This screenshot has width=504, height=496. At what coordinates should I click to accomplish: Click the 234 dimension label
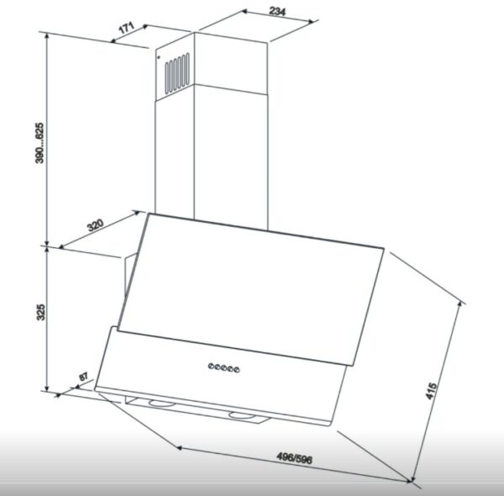277,12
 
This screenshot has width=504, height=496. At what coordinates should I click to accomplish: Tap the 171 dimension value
127,28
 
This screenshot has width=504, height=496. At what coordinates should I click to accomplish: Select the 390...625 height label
39,143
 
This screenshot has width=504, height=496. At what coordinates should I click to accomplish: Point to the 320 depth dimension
96,224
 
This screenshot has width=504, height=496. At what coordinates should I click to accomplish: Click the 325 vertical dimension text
41,312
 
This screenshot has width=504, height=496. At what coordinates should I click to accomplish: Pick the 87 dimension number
83,376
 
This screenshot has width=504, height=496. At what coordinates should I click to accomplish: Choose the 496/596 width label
294,458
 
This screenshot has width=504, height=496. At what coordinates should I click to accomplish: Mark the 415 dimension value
431,391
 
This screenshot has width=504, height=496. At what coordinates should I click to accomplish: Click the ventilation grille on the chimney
177,73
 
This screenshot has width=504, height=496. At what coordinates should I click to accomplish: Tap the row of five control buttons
223,367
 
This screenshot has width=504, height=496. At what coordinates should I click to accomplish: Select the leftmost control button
211,366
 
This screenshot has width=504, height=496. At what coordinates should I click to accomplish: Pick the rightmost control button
237,370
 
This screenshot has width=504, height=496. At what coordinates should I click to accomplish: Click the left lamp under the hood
161,403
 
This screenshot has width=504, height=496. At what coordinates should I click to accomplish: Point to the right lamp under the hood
241,415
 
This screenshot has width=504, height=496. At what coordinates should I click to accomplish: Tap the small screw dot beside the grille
159,57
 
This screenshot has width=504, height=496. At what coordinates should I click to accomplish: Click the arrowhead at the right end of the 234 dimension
311,22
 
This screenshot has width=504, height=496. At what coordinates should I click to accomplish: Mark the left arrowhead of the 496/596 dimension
180,447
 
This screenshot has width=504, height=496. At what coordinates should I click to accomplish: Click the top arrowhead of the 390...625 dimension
47,36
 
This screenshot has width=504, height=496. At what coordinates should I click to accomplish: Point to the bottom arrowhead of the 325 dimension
47,388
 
